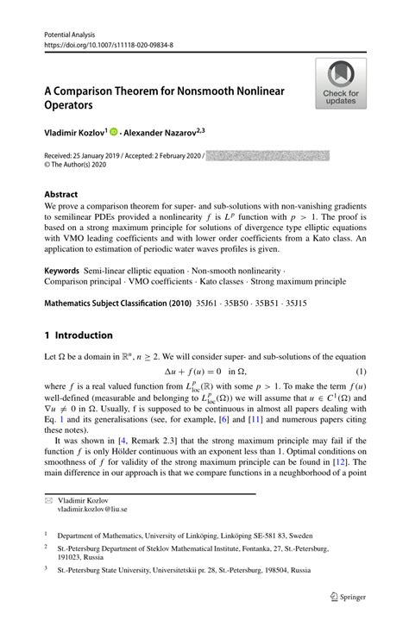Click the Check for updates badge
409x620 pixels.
341,85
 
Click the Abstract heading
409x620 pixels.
61,195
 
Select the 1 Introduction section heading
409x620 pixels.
79,335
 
